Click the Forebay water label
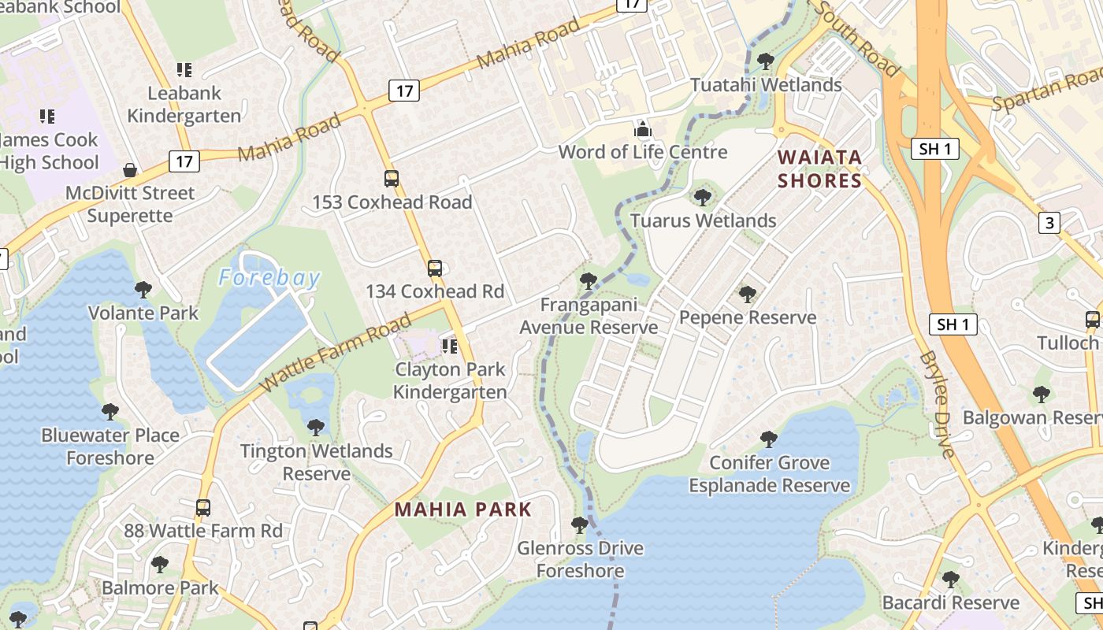[x=269, y=278]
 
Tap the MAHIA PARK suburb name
[x=463, y=510]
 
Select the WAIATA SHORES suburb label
[x=820, y=169]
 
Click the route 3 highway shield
[x=1049, y=223]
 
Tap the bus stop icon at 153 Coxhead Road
[x=392, y=179]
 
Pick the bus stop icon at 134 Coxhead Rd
[x=435, y=269]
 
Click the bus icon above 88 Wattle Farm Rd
[x=203, y=508]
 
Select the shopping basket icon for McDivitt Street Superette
[x=130, y=170]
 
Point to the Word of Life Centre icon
[x=643, y=129]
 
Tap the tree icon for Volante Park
[x=143, y=290]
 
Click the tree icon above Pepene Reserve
[x=748, y=295]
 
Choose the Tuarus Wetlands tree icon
[x=703, y=197]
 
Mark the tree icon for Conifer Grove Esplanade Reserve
[x=769, y=439]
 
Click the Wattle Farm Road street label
[x=336, y=352]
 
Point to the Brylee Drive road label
[x=938, y=404]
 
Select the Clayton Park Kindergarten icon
[x=450, y=346]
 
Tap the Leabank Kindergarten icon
[x=184, y=70]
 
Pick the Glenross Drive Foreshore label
[x=581, y=559]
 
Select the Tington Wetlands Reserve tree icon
[x=316, y=428]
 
